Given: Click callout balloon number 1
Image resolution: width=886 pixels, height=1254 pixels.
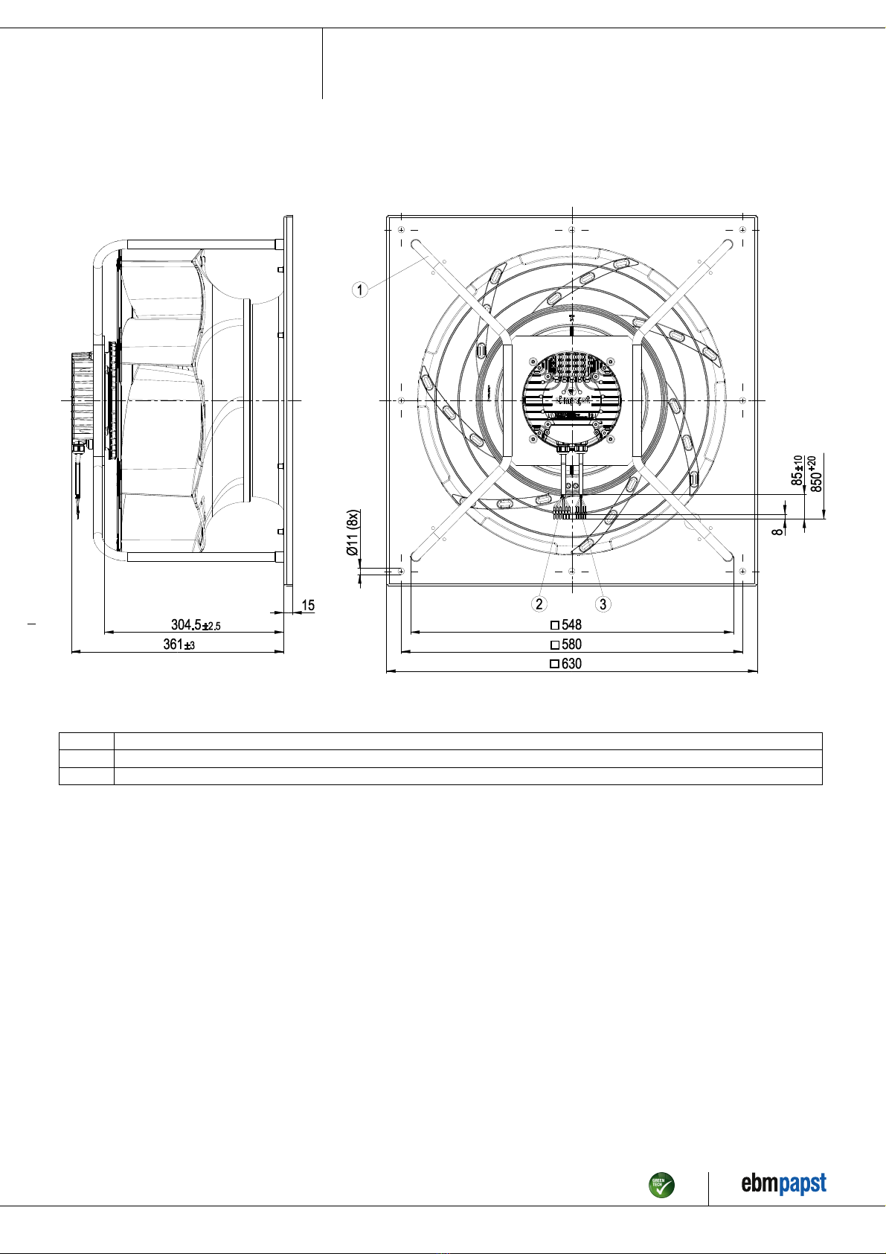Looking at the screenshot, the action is (x=360, y=290).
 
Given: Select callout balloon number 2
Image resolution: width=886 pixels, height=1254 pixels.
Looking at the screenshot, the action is (x=539, y=604).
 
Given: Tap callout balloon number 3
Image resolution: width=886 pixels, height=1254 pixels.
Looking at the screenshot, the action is (x=603, y=604).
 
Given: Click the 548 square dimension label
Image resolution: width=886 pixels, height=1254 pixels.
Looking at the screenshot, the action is (x=566, y=624).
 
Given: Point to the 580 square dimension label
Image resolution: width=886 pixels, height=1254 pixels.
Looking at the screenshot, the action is (x=566, y=644).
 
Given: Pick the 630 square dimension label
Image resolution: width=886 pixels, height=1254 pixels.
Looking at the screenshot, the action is (x=566, y=664).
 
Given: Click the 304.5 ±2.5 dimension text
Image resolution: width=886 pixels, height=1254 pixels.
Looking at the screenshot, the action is (x=196, y=624).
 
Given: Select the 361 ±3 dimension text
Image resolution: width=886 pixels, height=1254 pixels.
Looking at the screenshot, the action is (x=179, y=644).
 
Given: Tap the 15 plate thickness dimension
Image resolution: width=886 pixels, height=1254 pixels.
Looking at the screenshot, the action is (x=308, y=605).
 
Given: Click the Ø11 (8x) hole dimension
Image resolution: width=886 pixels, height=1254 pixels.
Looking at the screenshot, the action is (x=353, y=532).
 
